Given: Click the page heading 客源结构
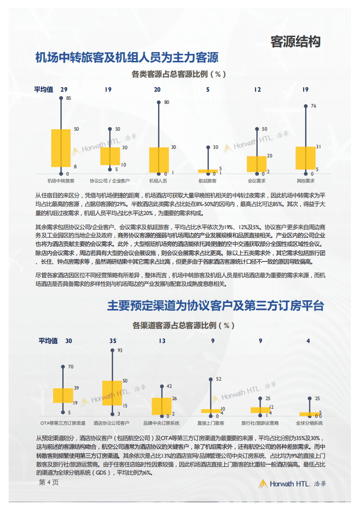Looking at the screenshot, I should tap(296, 42).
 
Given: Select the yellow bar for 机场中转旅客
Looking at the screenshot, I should tap(61, 148).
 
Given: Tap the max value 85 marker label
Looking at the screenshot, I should tap(69, 98).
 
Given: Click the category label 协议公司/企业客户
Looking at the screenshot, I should tap(109, 181).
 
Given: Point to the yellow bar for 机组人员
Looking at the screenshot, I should tap(158, 160).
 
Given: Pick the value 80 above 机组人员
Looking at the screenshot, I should tap(167, 103).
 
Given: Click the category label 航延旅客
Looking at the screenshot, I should tap(207, 181).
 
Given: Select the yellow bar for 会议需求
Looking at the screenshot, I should tap(256, 164).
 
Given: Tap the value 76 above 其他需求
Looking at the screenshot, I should tap(313, 106).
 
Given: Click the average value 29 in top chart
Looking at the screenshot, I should tap(64, 89).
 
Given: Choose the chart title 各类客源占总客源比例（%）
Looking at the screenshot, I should tap(179, 74).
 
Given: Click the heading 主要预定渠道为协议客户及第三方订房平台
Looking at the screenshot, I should tap(216, 306).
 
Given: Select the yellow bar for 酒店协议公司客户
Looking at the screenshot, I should tap(112, 393).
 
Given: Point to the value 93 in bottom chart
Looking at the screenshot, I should tap(120, 350).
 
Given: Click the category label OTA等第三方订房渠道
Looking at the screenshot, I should tap(63, 423).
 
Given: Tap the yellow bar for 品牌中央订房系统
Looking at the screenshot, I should tap(161, 406).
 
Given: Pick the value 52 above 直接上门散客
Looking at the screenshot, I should tap(218, 379).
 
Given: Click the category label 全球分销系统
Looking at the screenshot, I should tap(309, 423).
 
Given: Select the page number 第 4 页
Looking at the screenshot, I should tap(49, 483).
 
